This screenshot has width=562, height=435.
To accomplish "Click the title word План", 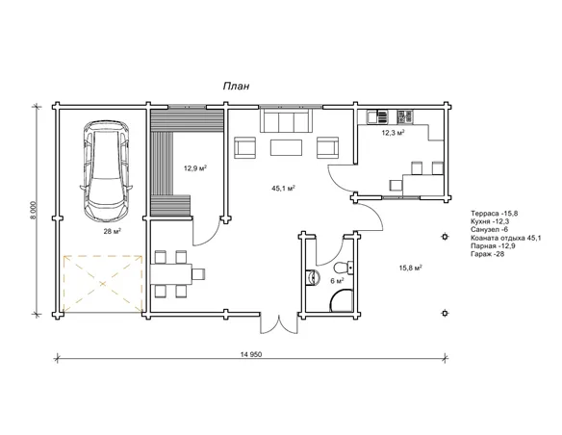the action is click(236, 87).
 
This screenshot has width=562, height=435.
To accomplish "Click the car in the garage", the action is click(106, 171).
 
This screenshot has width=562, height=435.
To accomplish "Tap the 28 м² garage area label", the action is click(113, 232).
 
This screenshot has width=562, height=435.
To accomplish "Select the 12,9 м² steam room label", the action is click(195, 168).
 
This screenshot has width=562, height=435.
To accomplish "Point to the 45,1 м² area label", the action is click(283, 188).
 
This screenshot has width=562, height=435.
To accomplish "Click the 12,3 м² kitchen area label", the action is click(394, 133).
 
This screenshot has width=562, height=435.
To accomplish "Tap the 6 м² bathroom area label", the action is click(337, 281).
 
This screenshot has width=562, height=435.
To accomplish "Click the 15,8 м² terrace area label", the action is click(410, 268).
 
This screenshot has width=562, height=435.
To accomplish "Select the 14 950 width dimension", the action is click(251, 355).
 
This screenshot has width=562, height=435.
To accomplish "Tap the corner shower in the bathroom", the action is click(342, 299).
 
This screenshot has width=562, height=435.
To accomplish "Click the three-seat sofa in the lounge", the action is click(286, 120).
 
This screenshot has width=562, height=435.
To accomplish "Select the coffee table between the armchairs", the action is click(286, 147).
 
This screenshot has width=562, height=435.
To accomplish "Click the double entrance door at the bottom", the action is click(279, 323).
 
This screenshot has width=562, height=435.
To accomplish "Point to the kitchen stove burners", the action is click(404, 116).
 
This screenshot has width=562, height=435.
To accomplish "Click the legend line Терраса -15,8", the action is click(495, 214).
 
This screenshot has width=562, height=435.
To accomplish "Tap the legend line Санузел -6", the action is click(490, 230).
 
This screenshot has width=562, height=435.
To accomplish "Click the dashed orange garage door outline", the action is click(103, 284).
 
